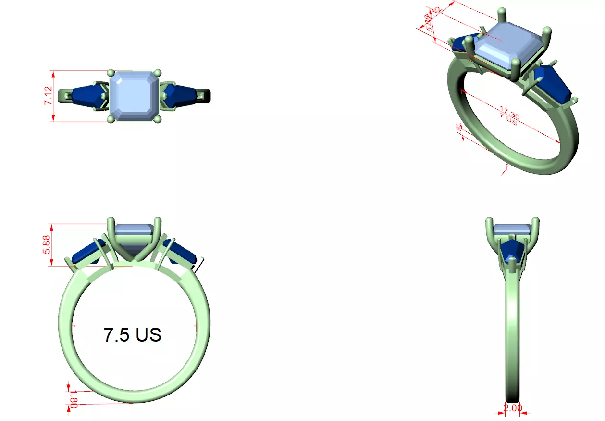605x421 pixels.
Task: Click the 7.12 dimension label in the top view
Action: tap(49, 96)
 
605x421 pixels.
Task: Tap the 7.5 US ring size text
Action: tap(132, 334)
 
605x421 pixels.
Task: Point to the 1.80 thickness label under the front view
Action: tap(73, 399)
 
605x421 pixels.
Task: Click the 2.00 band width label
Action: tap(512, 408)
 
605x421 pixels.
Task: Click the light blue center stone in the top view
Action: tap(134, 95)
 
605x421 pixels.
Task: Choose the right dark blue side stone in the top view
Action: tap(180, 95)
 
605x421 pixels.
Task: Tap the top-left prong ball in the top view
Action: tap(111, 73)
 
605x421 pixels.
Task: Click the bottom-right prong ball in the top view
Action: tap(157, 118)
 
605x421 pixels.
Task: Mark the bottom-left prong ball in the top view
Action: tap(111, 118)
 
